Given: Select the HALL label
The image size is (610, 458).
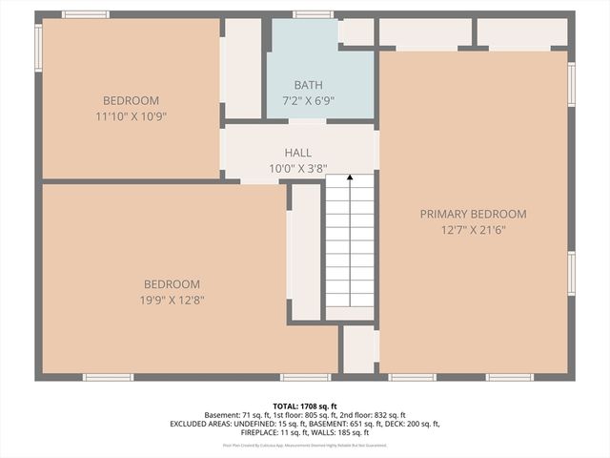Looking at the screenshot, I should (x=298, y=153).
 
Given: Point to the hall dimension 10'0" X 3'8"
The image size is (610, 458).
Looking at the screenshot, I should (x=298, y=168).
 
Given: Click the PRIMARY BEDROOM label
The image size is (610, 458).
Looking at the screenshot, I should (x=473, y=214).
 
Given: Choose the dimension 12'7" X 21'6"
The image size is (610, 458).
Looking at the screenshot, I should (x=473, y=230).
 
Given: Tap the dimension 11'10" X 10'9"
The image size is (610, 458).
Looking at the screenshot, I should (x=131, y=115).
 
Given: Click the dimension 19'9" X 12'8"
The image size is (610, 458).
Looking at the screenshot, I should (x=172, y=300).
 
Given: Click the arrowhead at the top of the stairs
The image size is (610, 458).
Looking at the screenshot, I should (x=350, y=177).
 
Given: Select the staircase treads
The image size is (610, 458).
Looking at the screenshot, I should (x=350, y=248).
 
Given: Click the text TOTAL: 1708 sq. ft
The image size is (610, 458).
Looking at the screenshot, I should (x=305, y=406).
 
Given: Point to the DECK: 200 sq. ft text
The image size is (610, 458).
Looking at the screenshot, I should (x=410, y=424).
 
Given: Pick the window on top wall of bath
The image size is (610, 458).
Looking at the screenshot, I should (x=313, y=14).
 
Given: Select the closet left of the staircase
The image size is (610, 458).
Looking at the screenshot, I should (x=305, y=251).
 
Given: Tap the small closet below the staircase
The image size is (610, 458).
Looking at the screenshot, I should (x=359, y=349).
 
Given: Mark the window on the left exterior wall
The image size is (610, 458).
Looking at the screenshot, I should (x=38, y=48).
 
